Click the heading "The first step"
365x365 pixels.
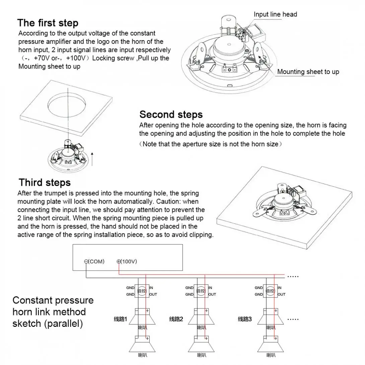[x=48, y=23]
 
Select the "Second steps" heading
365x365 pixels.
[x=171, y=115]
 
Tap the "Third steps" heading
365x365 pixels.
[x=45, y=182]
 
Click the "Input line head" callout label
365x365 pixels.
[x=275, y=14]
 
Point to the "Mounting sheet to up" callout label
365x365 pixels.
[x=308, y=72]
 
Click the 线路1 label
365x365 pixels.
[x=120, y=319]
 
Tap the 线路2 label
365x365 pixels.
[x=176, y=319]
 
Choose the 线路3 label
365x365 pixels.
[x=245, y=319]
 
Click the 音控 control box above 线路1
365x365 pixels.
[x=142, y=291]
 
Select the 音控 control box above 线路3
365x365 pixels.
[x=270, y=291]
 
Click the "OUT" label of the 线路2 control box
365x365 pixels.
[x=212, y=294]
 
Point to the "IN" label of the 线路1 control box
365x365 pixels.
[x=151, y=288]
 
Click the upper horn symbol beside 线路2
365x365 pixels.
[x=200, y=316]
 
